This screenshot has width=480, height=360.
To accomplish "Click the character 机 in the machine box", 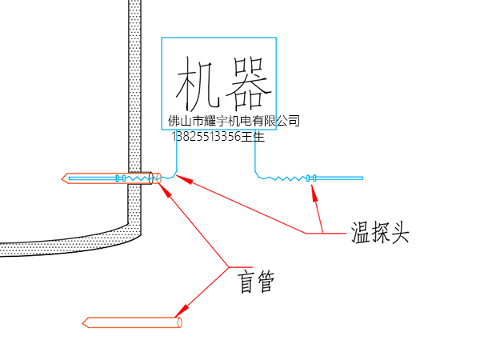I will (196, 82).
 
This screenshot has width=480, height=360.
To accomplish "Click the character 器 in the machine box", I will (245, 82).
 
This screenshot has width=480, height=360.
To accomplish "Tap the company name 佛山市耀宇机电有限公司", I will (234, 121).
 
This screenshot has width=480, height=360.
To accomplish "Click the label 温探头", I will (380, 233).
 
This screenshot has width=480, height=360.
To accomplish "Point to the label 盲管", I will (256, 282).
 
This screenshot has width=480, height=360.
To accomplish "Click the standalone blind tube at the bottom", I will (133, 323).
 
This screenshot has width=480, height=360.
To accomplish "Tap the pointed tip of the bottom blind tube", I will (85, 323).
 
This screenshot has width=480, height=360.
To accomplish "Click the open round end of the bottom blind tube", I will (179, 322).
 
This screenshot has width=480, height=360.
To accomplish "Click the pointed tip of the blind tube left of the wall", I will (64, 178).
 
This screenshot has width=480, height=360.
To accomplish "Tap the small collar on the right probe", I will (310, 178).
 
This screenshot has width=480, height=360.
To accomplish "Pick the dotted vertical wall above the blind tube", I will (135, 80).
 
